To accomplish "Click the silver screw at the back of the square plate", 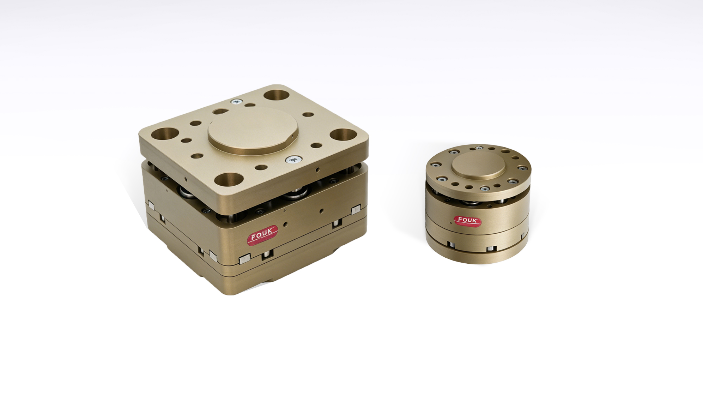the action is click(x=236, y=102).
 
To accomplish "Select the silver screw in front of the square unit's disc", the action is click(x=293, y=160).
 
